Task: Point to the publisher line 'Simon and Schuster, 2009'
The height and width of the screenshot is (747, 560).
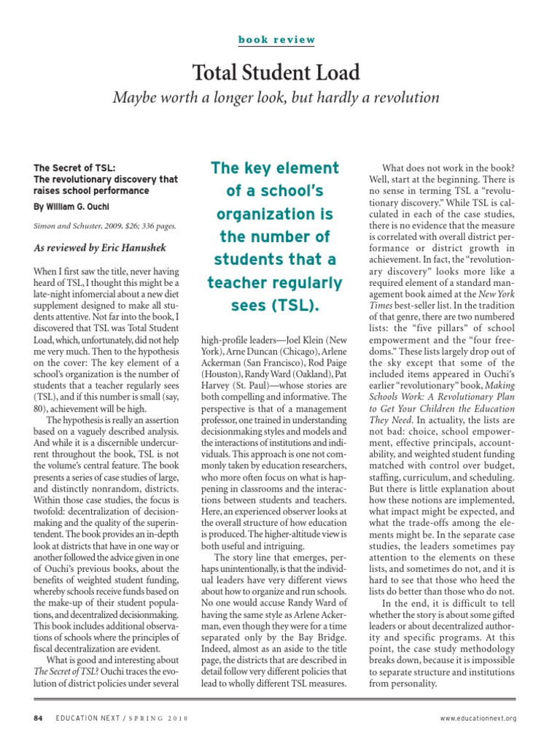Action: click(x=105, y=227)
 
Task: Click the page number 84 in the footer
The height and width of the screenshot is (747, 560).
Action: click(x=39, y=718)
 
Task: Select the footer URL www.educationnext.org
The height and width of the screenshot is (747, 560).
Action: click(x=478, y=718)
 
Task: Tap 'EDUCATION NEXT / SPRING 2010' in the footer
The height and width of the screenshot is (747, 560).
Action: click(x=122, y=718)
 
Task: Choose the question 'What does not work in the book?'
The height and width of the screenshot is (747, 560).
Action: click(x=448, y=168)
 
